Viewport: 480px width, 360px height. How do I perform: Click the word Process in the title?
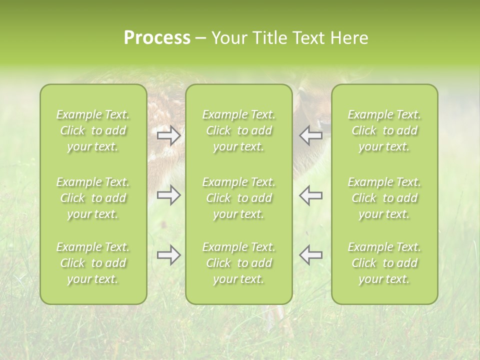157,38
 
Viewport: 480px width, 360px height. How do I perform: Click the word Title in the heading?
267,38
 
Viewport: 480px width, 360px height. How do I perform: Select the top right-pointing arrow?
169,135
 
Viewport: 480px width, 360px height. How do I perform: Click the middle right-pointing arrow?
169,195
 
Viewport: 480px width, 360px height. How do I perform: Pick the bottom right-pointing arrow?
169,255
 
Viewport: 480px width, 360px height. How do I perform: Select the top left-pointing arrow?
310,135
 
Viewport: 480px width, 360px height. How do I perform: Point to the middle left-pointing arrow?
310,195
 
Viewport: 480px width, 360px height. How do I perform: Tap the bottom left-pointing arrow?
310,255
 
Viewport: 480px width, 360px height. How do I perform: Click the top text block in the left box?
93,130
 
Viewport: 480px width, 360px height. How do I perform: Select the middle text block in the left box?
93,198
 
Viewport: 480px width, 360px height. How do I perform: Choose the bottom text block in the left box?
93,263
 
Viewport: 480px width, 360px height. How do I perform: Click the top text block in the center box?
239,130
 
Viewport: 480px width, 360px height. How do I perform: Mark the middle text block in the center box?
239,198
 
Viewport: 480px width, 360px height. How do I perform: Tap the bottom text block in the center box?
239,263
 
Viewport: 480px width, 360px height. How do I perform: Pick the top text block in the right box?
384,130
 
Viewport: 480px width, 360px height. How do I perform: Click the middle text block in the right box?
384,198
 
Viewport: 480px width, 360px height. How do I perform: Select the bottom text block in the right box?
384,263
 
